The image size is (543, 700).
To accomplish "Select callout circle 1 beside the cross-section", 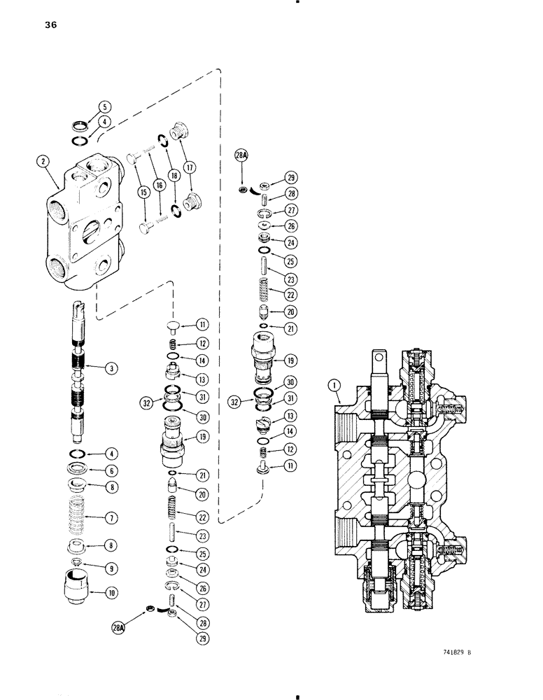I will (334, 384).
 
